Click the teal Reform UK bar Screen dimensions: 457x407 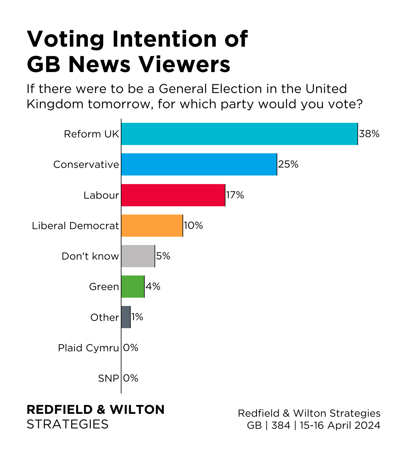239,134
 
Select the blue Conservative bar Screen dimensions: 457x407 199,165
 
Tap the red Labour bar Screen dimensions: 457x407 173,195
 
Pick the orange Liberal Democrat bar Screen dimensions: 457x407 152,226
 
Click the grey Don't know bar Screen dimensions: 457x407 138,256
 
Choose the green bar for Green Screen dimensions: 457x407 133,287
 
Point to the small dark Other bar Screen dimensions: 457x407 126,317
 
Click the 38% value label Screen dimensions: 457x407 369,134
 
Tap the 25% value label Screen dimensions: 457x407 288,164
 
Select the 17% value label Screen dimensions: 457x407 235,195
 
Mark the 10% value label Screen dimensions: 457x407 193,226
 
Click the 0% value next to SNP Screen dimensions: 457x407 131,378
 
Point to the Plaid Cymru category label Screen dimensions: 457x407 89,348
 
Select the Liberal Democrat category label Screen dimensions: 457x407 75,226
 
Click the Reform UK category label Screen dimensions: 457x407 92,134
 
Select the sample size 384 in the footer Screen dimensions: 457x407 281,425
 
